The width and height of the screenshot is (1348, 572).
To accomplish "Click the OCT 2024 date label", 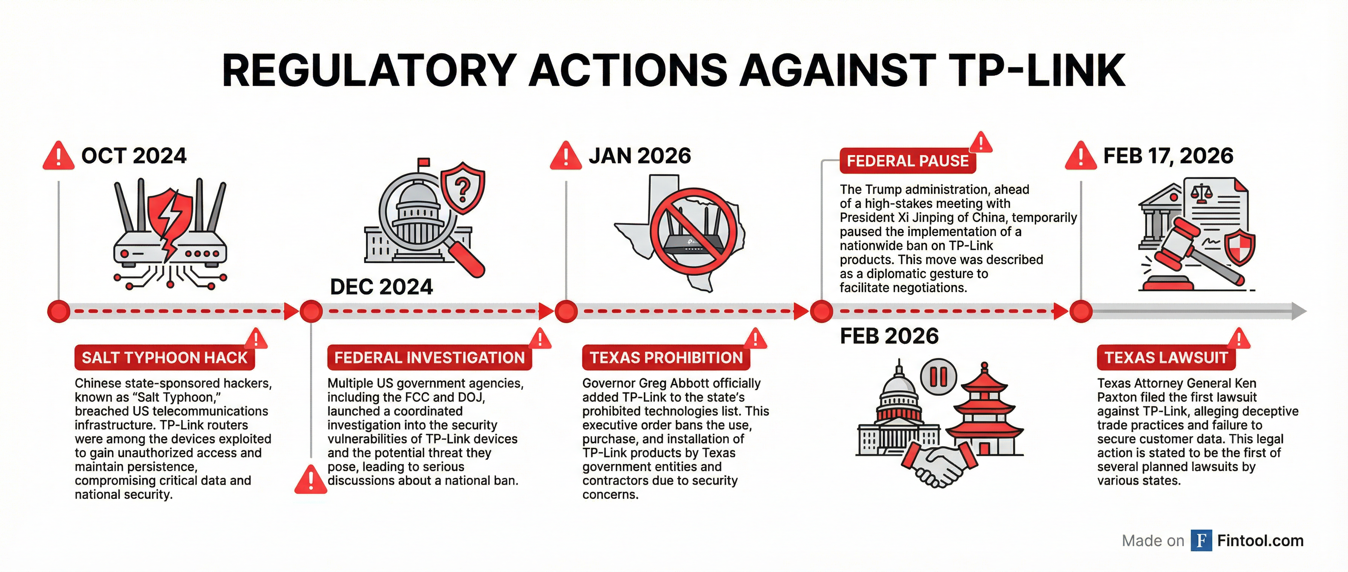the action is [134, 156].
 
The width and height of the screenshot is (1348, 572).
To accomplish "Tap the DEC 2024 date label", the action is [382, 287].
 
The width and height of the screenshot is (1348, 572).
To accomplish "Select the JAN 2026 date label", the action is [640, 156].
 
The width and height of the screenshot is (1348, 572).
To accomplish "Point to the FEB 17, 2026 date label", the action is [1168, 156].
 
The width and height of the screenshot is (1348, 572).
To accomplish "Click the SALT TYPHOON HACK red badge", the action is [165, 357].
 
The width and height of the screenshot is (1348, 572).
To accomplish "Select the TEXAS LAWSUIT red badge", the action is [1166, 357].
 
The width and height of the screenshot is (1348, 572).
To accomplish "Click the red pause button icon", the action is [939, 376].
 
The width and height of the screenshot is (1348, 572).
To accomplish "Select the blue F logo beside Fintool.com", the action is [1202, 541].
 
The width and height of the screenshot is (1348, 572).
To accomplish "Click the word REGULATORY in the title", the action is [370, 71].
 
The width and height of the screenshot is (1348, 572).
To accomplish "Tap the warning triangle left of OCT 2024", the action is [59, 155].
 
